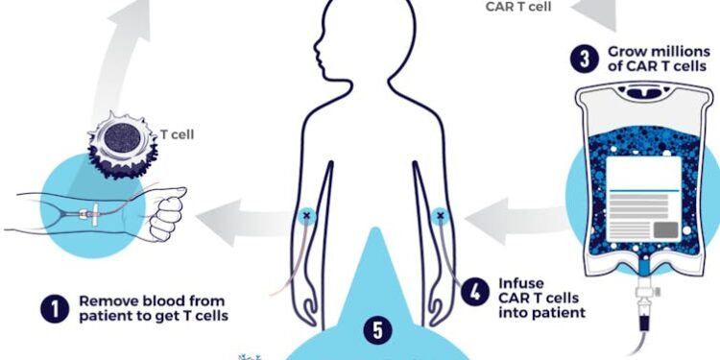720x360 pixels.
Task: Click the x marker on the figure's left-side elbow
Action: coord(307,216)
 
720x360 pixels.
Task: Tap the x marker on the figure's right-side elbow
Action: coord(441,216)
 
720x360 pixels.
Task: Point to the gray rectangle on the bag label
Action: coord(667,228)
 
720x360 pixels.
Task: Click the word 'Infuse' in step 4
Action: coord(521,284)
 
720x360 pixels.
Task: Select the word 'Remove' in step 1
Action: coord(108,300)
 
